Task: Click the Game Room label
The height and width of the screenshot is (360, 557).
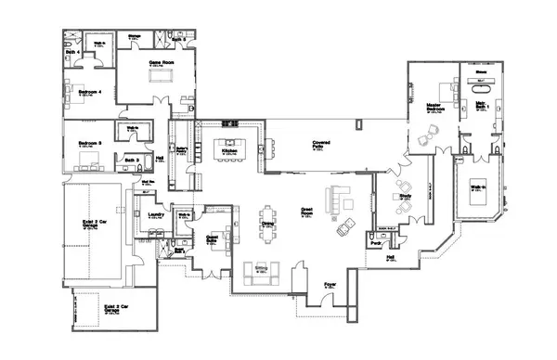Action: pyautogui.click(x=163, y=62)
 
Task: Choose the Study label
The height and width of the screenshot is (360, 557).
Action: pyautogui.click(x=406, y=196)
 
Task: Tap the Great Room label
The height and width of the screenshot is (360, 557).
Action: pyautogui.click(x=307, y=211)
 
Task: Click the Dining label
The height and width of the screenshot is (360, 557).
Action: pyautogui.click(x=267, y=224)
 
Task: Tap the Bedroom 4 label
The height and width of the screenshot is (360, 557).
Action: pyautogui.click(x=89, y=92)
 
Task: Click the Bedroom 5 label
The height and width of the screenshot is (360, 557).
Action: pyautogui.click(x=88, y=143)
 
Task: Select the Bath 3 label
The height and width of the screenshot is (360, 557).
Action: pyautogui.click(x=131, y=160)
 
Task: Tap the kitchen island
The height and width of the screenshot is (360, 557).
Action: pyautogui.click(x=227, y=148)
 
